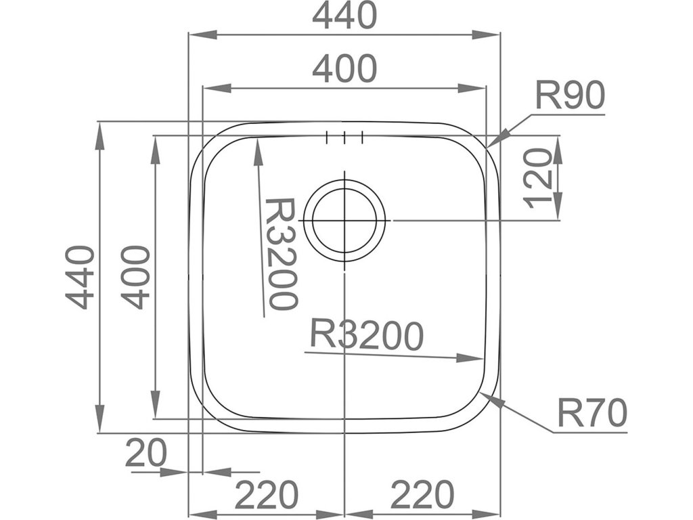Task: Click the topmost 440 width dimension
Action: pyautogui.click(x=344, y=16)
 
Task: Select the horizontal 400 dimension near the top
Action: pyautogui.click(x=344, y=69)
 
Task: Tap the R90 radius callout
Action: pyautogui.click(x=569, y=96)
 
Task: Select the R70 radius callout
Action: pyautogui.click(x=592, y=414)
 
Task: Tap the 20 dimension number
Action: pyautogui.click(x=146, y=454)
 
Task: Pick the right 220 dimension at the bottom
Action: pyautogui.click(x=421, y=496)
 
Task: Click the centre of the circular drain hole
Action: pyautogui.click(x=344, y=221)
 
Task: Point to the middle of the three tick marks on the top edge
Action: pyautogui.click(x=344, y=137)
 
